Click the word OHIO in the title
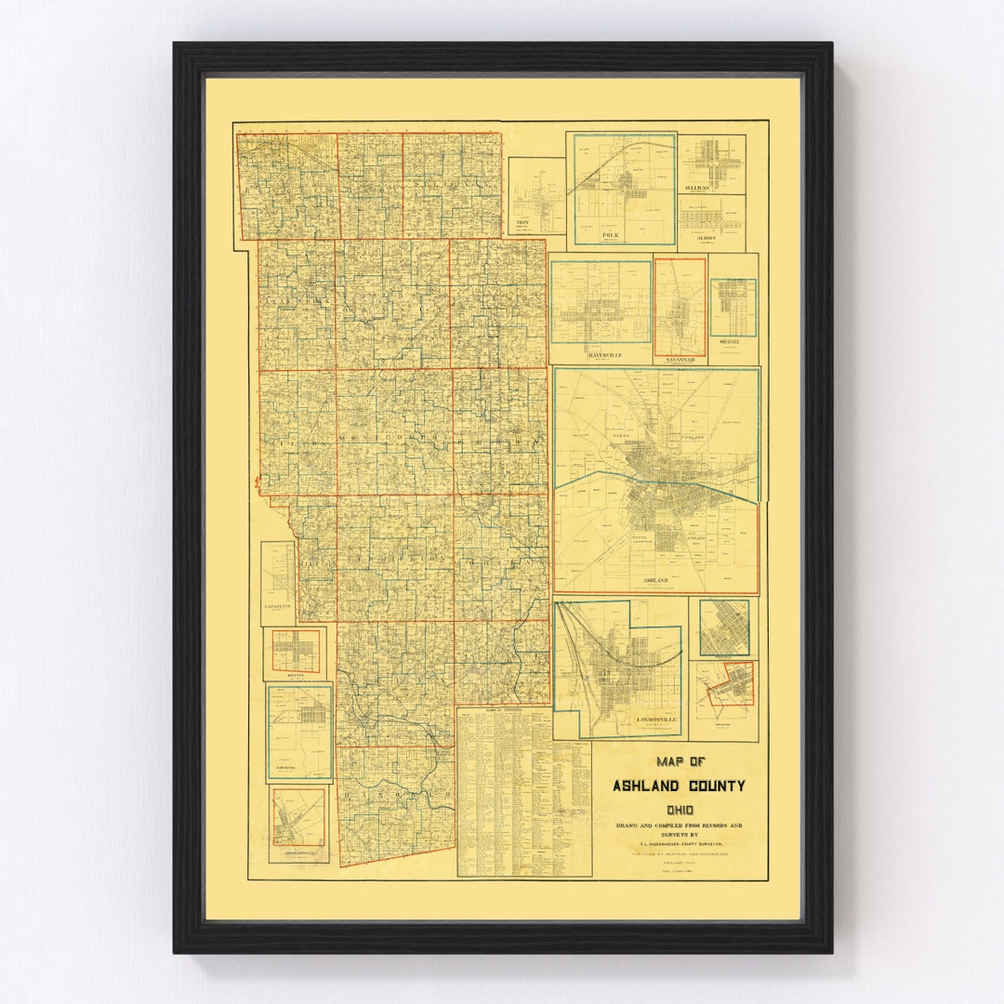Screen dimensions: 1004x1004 pyautogui.click(x=680, y=810)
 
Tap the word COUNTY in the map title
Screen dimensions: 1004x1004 pyautogui.click(x=712, y=786)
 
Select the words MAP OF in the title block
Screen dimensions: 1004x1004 pyautogui.click(x=680, y=760)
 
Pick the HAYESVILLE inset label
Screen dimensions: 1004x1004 pyautogui.click(x=600, y=354)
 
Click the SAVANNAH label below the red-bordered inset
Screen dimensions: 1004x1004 pyautogui.click(x=680, y=357)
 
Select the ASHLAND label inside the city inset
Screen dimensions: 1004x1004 pyautogui.click(x=655, y=579)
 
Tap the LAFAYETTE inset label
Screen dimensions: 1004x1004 pyautogui.click(x=277, y=605)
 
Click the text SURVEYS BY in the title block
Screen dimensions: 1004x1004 pyautogui.click(x=680, y=835)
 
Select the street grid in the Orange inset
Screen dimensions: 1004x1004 pyautogui.click(x=733, y=307)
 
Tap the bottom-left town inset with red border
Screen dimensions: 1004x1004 pyautogui.click(x=298, y=818)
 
